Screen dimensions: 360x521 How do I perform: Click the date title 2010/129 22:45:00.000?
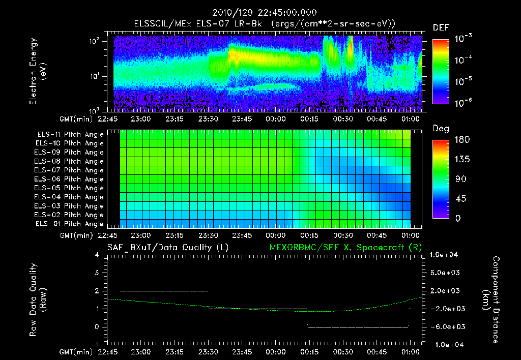coord(260,13)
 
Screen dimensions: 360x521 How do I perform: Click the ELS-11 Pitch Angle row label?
coord(70,134)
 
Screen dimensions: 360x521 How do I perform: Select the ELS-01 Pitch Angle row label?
coord(70,224)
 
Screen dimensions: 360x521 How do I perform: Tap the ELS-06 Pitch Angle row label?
coord(70,179)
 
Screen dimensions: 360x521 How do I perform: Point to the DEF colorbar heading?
coord(441,27)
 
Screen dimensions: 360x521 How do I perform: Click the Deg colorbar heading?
coord(441,129)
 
